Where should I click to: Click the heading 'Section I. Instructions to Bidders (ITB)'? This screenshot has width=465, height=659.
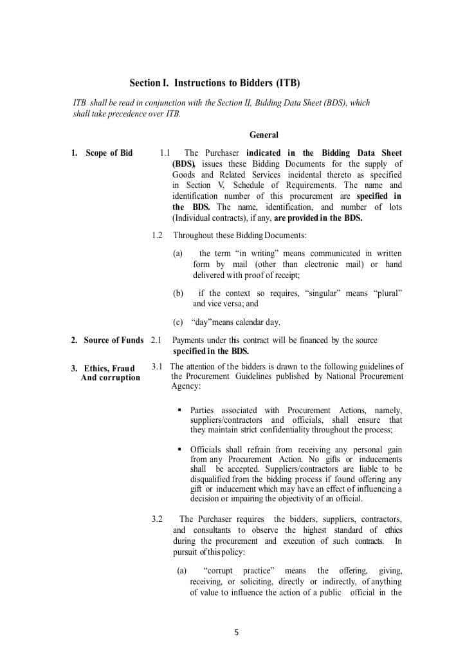pos(215,83)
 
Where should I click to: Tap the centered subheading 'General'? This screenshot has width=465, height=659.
pos(264,135)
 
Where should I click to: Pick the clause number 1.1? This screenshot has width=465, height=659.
pos(165,153)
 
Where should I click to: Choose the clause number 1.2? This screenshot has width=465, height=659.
pos(158,236)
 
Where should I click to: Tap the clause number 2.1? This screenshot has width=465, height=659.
pos(156,340)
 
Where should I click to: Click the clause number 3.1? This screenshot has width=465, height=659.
pos(157,367)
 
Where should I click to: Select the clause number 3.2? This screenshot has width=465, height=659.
pos(157,519)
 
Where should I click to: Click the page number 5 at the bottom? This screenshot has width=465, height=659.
pos(236,633)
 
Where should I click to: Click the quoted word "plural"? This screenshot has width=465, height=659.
pos(388,293)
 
